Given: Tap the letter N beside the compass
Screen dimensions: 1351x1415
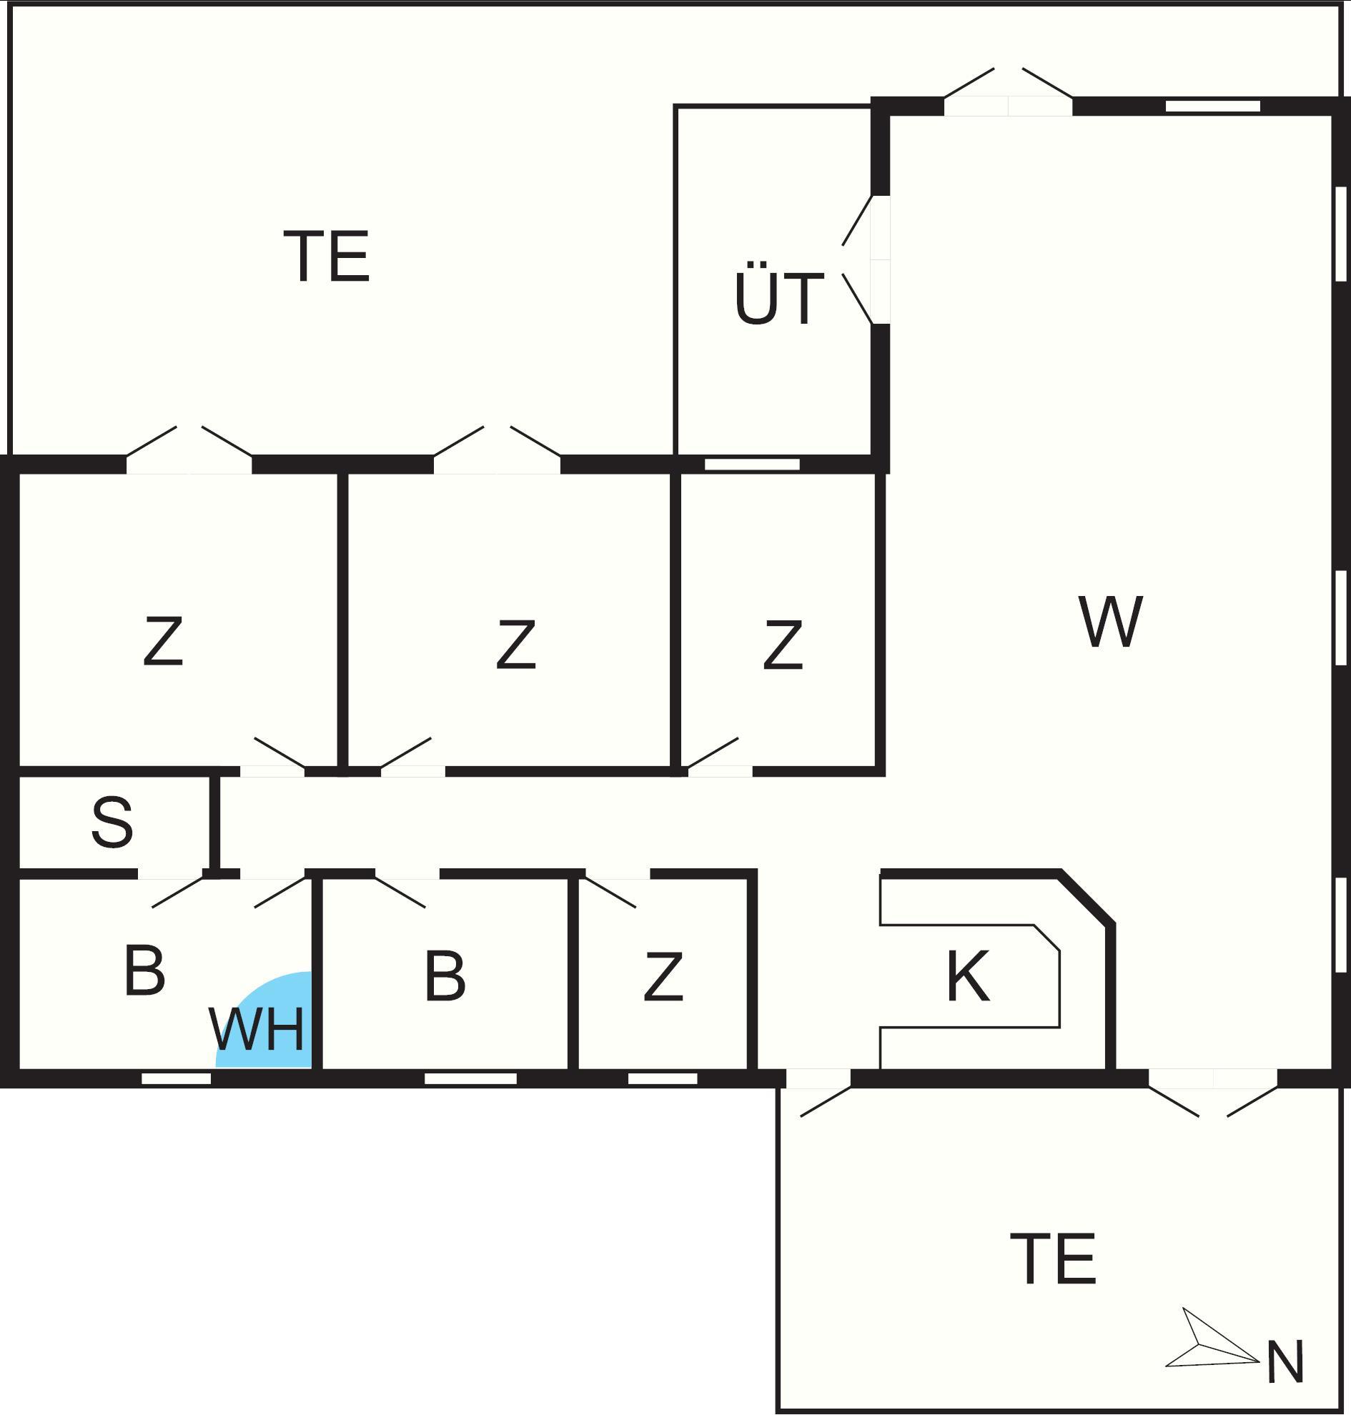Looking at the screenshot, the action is click(1285, 1361).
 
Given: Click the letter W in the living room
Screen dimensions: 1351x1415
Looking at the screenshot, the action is click(1111, 621).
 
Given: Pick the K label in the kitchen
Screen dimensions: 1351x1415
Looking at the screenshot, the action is click(968, 975).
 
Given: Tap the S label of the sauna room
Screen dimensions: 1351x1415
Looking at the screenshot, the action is click(112, 822).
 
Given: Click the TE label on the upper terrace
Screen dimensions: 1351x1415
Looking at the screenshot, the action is click(327, 256).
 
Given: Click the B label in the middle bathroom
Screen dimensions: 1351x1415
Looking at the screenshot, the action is click(445, 975).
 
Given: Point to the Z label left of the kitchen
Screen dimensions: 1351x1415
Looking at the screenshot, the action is click(663, 976).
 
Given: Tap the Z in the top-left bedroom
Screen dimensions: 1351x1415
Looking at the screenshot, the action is click(164, 640).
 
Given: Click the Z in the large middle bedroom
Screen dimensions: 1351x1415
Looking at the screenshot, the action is click(516, 645).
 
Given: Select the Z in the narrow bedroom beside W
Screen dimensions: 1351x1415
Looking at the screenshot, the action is click(783, 645).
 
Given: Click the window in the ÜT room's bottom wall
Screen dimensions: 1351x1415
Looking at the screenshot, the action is click(752, 465).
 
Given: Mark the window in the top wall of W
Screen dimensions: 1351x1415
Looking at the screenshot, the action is click(1213, 106).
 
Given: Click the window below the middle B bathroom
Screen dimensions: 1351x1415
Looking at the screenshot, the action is click(470, 1078).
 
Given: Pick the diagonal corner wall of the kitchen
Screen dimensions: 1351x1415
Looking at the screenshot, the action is click(1087, 898).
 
